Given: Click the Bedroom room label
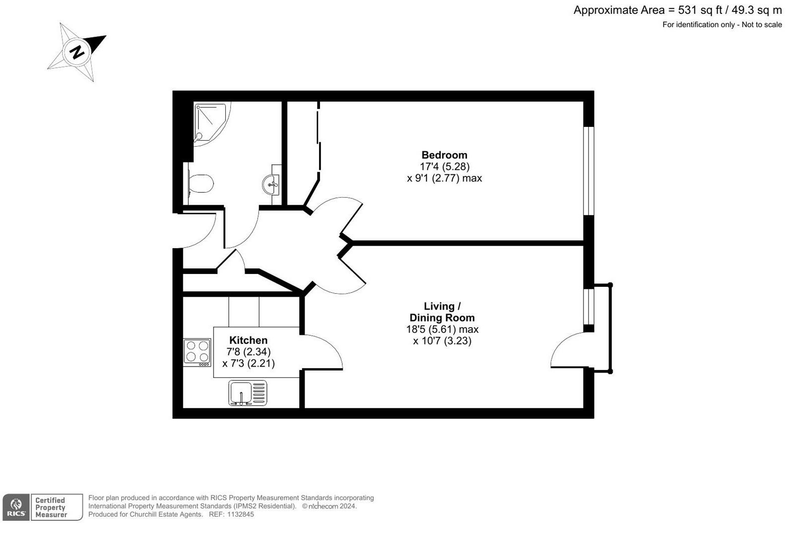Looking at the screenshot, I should point(444,155).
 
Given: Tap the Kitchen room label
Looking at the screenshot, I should point(248,340).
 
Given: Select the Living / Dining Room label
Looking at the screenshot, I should point(442,312).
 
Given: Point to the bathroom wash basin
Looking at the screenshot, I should point(271,185).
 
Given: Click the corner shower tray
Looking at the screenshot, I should point(210,122).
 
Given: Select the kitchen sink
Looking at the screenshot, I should point(247,393).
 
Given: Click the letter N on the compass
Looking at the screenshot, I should point(77,52).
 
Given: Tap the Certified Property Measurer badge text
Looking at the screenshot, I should point(51,508).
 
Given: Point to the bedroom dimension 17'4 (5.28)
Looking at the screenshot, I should point(444,166).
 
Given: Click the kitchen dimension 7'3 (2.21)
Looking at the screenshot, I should point(249,363).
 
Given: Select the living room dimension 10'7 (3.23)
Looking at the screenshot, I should point(442,341).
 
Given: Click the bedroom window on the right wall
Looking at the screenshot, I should point(588,171).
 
